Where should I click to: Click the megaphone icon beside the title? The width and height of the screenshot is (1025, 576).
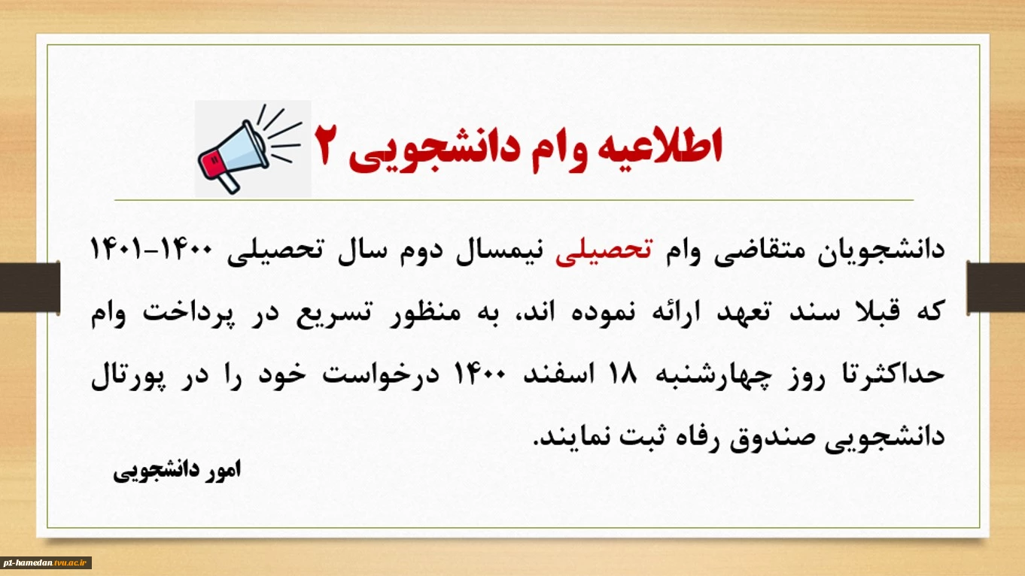[250, 150]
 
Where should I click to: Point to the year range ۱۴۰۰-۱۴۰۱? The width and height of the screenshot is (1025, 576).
[151, 250]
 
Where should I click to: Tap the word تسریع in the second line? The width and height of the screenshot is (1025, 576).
[334, 313]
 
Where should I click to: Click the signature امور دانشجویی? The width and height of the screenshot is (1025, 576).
[177, 471]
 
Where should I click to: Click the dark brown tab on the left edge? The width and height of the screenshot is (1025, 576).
[30, 287]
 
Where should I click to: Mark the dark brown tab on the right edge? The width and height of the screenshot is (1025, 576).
[996, 287]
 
